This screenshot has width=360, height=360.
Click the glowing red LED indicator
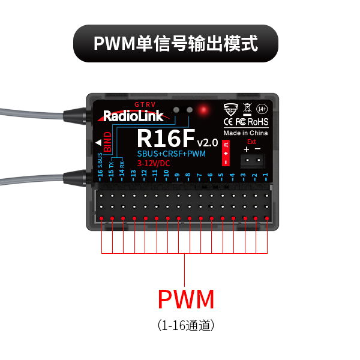pos(203,109)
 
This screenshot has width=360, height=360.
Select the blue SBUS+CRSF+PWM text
pos(170,154)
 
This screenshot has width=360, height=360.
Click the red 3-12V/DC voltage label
pos(154,163)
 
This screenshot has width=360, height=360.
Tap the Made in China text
pos(245,133)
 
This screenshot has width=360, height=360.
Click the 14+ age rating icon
pos(262,109)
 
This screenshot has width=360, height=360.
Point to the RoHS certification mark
pos(258,122)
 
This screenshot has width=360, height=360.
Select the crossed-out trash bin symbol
pos(246,109)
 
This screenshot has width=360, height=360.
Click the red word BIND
pos(107,142)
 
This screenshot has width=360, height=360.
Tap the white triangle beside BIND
pos(97,143)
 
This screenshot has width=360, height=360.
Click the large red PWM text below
pos(185,299)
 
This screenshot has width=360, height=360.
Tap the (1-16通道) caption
pos(185,325)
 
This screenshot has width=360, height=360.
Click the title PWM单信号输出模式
pos(176,43)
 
